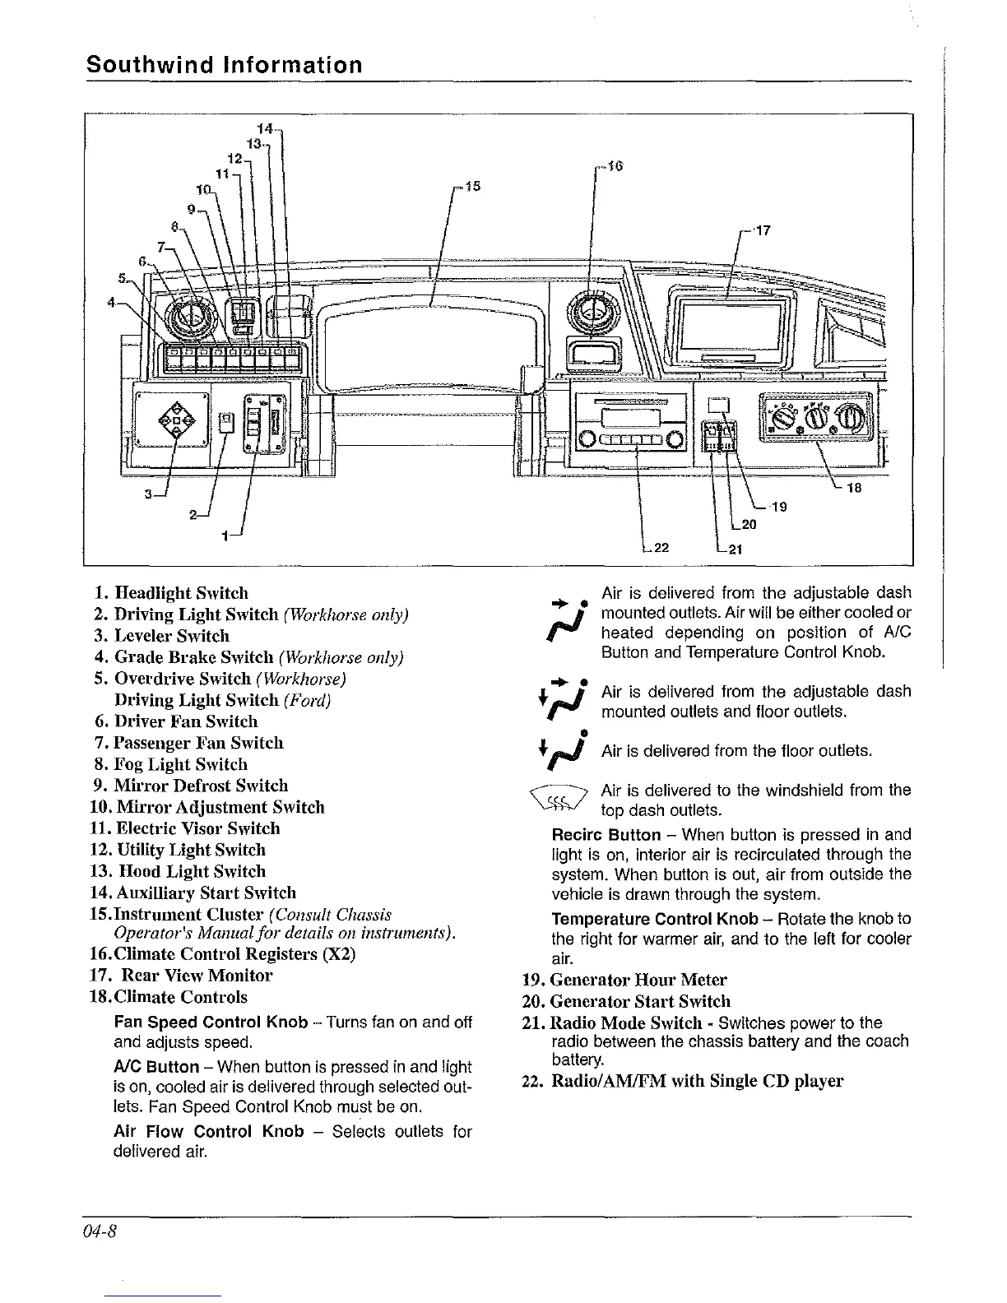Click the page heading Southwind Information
pyautogui.click(x=224, y=65)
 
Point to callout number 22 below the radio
pyautogui.click(x=659, y=549)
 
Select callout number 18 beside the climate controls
pyautogui.click(x=853, y=488)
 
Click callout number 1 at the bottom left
pyautogui.click(x=225, y=536)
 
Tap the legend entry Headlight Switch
pyautogui.click(x=181, y=593)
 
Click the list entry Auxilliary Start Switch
pyautogui.click(x=205, y=893)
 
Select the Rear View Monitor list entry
pyautogui.click(x=197, y=976)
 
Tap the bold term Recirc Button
pyautogui.click(x=606, y=835)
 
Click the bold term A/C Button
pyautogui.click(x=156, y=1067)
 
